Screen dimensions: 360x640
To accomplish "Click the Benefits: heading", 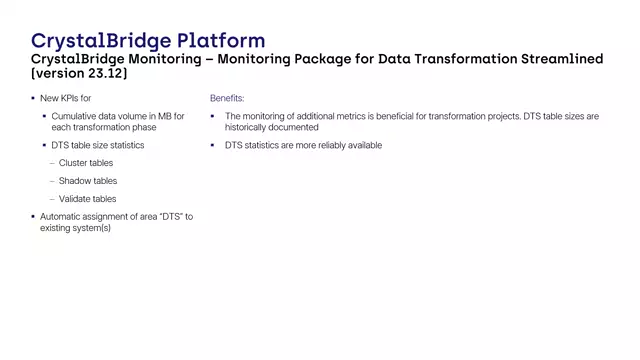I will coord(227,99).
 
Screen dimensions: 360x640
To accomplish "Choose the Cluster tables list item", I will coord(86,163).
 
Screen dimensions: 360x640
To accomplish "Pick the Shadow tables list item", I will coord(88,181).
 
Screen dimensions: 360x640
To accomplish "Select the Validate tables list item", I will coord(88,199).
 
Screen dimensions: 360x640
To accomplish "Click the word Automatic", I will coord(62,217).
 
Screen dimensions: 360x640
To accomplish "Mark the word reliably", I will coord(330,146).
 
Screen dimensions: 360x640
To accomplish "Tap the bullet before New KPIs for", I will coord(32,99).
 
